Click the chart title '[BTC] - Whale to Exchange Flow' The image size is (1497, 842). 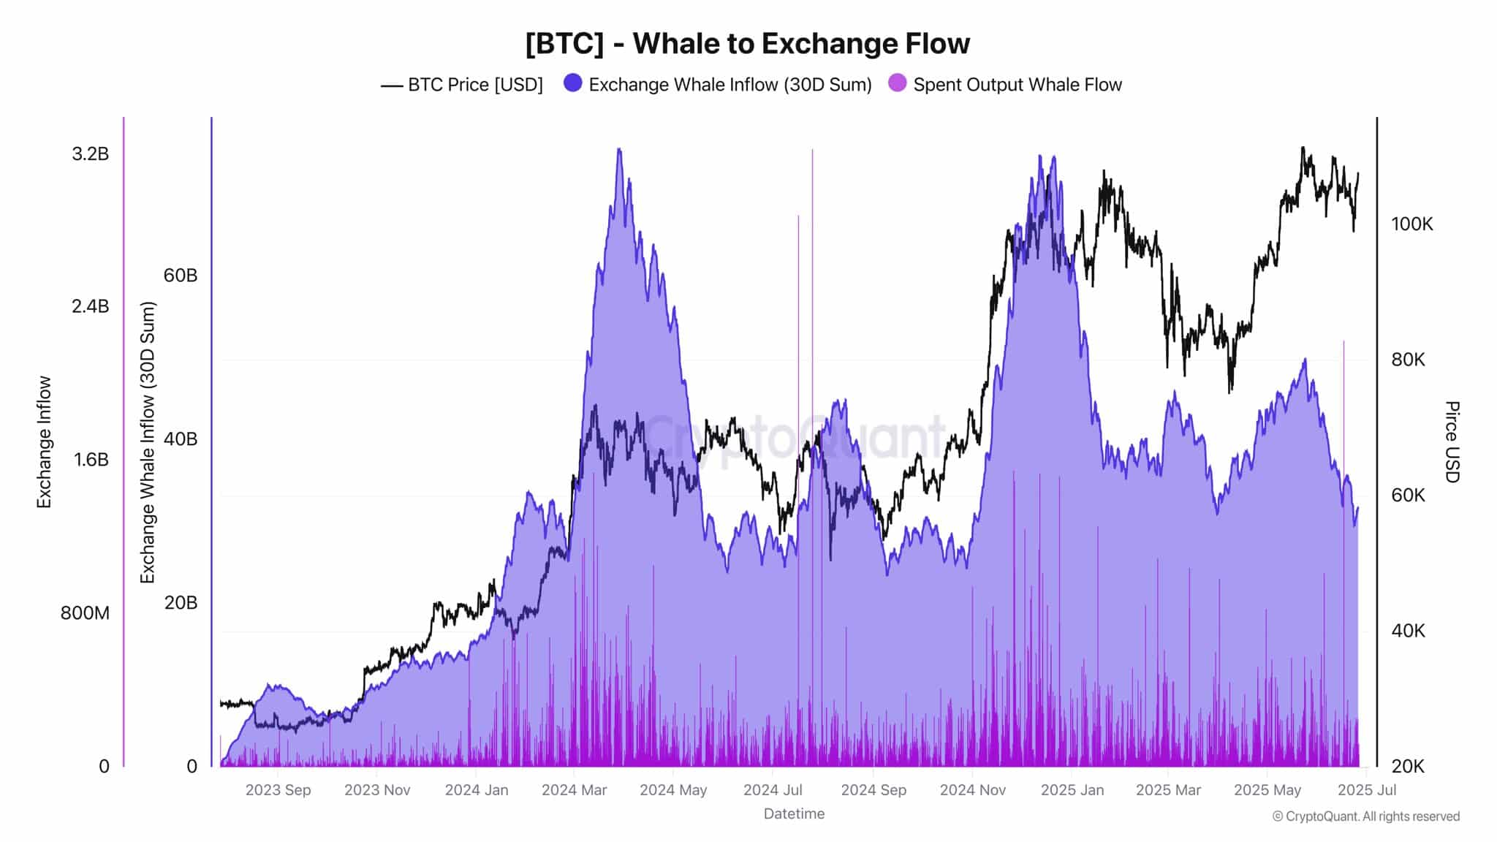(x=747, y=44)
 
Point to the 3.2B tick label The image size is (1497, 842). (x=90, y=153)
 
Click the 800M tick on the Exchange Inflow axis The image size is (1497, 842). (x=85, y=612)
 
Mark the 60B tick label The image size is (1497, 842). (x=181, y=276)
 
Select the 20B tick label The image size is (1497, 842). (x=181, y=603)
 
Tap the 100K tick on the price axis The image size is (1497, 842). (x=1411, y=224)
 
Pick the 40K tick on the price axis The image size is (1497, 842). (x=1408, y=631)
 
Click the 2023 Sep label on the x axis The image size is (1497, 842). (x=278, y=790)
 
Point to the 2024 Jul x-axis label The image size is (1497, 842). (x=773, y=790)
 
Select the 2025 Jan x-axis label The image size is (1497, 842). (x=1072, y=790)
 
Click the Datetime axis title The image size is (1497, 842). (x=794, y=813)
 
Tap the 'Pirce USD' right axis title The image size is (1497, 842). (x=1452, y=441)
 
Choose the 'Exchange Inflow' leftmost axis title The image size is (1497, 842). (x=45, y=441)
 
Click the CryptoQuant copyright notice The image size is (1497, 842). (x=1365, y=816)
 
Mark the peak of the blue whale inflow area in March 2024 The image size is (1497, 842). (x=619, y=149)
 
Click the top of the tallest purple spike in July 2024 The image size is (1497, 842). (x=812, y=150)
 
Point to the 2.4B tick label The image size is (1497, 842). (x=90, y=306)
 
